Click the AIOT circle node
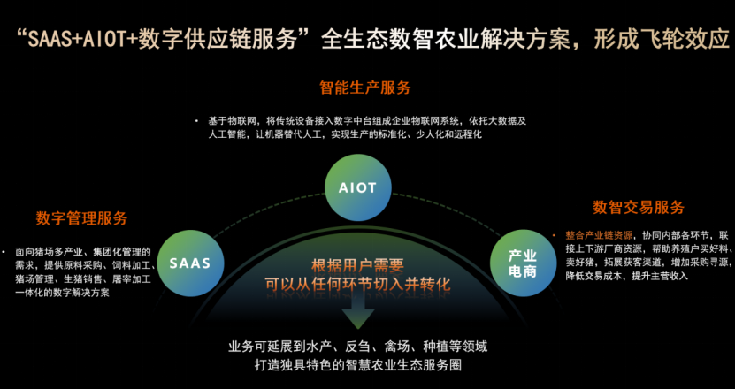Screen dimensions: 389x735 357,187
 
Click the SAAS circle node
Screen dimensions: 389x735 189,263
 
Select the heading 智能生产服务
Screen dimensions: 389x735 364,88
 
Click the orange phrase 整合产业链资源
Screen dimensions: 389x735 599,236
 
